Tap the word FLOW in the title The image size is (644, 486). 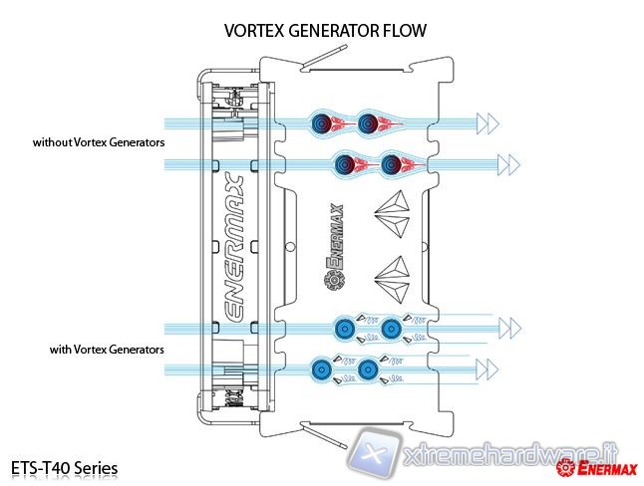tap(403, 31)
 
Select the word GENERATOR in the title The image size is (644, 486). tap(331, 31)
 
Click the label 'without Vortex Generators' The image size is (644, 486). tap(98, 143)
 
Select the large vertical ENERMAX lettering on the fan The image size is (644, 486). tap(232, 247)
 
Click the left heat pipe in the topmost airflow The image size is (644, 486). tap(323, 123)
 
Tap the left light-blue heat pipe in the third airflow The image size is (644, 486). tap(344, 326)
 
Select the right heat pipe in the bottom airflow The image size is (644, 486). tap(367, 368)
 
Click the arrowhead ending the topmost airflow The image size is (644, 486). tap(487, 123)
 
